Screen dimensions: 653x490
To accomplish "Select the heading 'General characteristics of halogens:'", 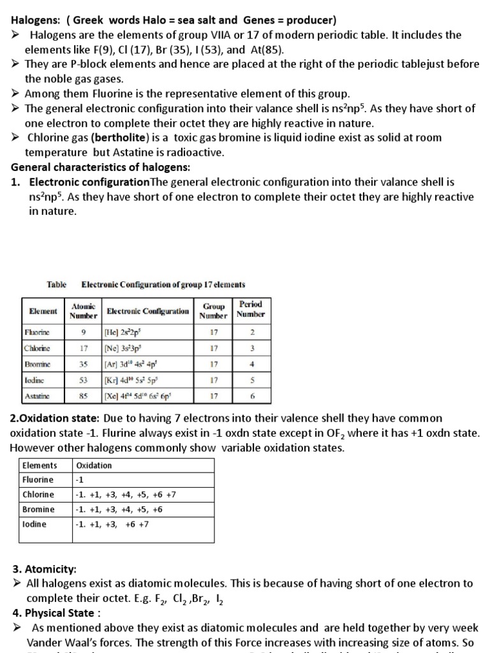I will [100, 167].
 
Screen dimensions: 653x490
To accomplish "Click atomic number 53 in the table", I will [83, 380].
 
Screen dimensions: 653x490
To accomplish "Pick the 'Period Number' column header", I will [249, 309].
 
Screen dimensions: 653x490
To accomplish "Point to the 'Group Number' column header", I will [213, 311].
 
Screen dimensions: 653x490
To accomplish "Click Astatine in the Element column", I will [37, 396].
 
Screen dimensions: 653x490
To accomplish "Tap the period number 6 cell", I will [251, 396].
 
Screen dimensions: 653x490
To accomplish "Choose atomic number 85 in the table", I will [83, 396].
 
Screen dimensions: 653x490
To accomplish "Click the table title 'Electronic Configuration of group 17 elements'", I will [163, 284].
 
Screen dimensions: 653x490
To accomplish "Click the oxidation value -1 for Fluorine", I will [80, 480].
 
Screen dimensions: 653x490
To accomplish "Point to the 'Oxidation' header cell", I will [94, 465].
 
